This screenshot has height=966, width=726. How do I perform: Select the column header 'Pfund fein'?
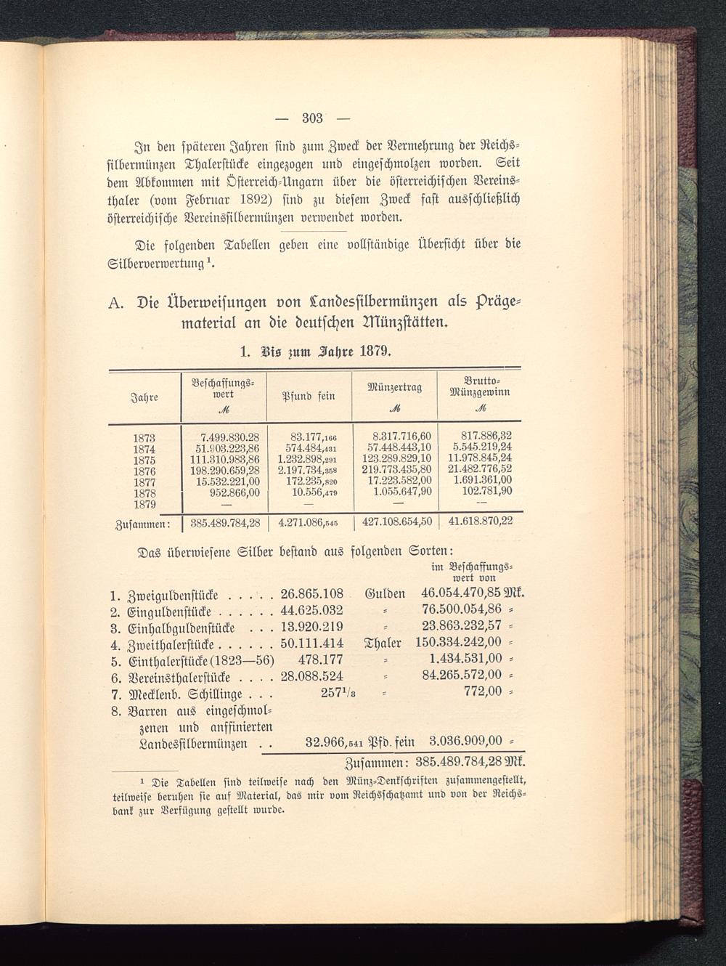point(309,396)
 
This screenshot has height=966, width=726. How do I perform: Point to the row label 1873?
point(144,438)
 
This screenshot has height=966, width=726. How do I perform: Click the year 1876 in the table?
point(144,470)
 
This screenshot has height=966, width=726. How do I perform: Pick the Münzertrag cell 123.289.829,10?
point(397,459)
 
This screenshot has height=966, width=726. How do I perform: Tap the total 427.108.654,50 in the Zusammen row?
point(397,521)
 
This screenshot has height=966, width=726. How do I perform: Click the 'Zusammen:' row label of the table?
point(142,522)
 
